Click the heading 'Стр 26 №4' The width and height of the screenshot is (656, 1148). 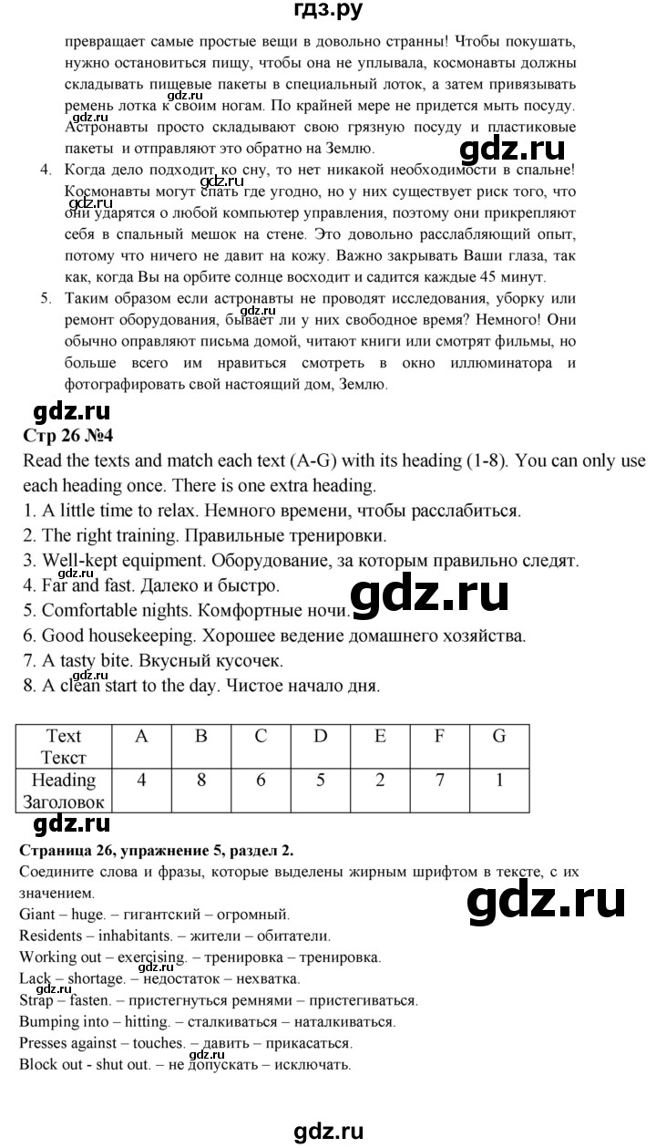(69, 434)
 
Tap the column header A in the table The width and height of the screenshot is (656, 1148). (141, 736)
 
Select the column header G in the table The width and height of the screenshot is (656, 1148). (498, 736)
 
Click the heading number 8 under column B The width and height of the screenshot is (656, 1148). (201, 781)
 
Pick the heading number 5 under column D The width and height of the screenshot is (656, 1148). (320, 781)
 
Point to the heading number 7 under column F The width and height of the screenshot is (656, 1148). (438, 781)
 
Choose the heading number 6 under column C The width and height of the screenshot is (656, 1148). (261, 781)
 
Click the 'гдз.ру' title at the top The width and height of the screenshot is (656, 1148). (327, 12)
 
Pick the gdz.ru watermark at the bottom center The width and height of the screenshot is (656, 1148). (328, 1132)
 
